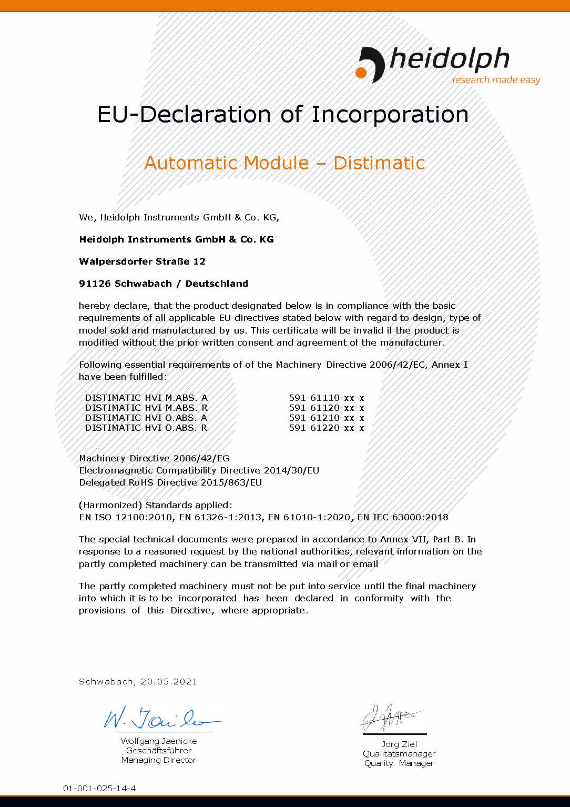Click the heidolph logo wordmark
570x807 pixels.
click(448, 59)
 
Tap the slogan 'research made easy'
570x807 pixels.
click(496, 80)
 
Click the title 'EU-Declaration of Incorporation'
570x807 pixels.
click(283, 114)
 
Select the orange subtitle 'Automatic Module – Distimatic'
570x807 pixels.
click(284, 163)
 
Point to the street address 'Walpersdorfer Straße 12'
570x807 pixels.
click(142, 261)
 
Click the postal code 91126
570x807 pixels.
click(95, 284)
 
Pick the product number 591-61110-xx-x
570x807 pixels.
click(327, 398)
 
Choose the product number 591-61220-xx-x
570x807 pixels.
click(327, 428)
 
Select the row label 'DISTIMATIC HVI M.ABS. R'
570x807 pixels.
click(146, 408)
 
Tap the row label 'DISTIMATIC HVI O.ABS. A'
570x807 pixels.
click(146, 418)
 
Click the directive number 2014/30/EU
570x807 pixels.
click(291, 470)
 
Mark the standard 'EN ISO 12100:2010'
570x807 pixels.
click(126, 517)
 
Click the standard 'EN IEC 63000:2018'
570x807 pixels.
click(403, 517)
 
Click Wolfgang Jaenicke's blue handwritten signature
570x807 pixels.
click(160, 718)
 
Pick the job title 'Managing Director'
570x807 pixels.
click(158, 760)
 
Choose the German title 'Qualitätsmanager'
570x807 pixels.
click(399, 754)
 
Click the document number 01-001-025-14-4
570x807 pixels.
click(99, 789)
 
